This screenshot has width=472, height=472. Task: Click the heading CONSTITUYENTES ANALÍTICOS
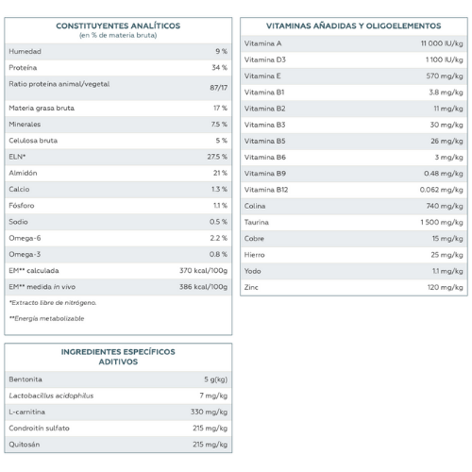pyautogui.click(x=118, y=25)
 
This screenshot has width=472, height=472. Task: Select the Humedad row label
pyautogui.click(x=25, y=51)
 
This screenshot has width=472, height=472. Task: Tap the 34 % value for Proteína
pyautogui.click(x=219, y=68)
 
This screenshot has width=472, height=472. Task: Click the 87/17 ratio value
pyautogui.click(x=219, y=88)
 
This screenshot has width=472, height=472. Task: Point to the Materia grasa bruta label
pyautogui.click(x=42, y=109)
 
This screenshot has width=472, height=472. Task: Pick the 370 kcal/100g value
pyautogui.click(x=203, y=271)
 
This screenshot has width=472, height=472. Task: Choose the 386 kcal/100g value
pyautogui.click(x=203, y=287)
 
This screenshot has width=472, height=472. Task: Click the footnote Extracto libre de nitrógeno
pyautogui.click(x=53, y=303)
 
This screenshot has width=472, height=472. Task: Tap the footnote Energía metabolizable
pyautogui.click(x=47, y=318)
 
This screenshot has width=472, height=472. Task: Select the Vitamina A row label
pyautogui.click(x=262, y=43)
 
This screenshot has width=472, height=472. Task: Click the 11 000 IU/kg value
pyautogui.click(x=442, y=43)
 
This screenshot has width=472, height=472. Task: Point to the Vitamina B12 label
pyautogui.click(x=266, y=190)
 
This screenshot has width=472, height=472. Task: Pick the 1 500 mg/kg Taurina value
pyautogui.click(x=442, y=223)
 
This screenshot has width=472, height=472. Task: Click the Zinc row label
pyautogui.click(x=251, y=287)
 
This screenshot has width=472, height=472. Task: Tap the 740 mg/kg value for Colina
pyautogui.click(x=445, y=206)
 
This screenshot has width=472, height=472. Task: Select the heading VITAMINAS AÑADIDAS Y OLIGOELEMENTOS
pyautogui.click(x=354, y=25)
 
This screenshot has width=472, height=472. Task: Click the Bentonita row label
pyautogui.click(x=25, y=379)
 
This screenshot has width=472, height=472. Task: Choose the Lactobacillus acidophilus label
pyautogui.click(x=51, y=396)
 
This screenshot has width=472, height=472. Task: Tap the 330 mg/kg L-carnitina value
pyautogui.click(x=209, y=412)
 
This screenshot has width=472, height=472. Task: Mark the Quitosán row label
pyautogui.click(x=25, y=445)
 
